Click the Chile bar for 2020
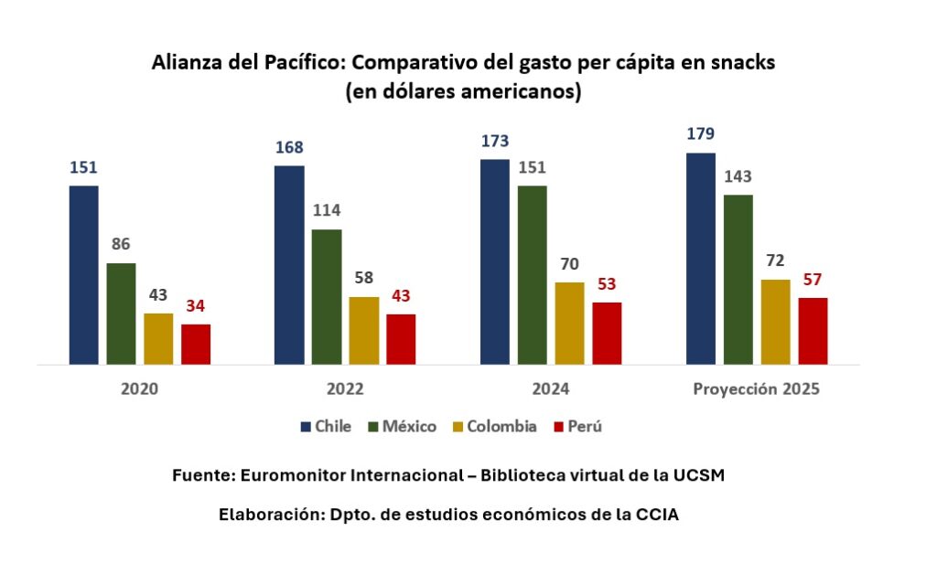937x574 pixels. tap(83, 274)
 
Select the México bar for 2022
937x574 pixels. tap(327, 296)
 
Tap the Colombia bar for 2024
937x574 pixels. tap(569, 323)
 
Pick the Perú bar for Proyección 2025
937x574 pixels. tap(813, 330)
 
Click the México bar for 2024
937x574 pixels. tap(532, 274)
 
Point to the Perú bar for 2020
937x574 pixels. tap(196, 344)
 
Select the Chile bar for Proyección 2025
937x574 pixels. tap(701, 258)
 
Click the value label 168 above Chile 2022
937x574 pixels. tap(289, 148)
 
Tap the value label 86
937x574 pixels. tap(121, 245)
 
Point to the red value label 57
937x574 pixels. tap(813, 280)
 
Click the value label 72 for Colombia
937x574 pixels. tap(775, 261)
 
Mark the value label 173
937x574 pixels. tap(495, 142)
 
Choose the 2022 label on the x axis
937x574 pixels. tap(345, 388)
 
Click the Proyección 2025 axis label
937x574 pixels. tap(756, 388)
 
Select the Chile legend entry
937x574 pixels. tap(326, 426)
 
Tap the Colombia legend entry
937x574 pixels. tap(493, 426)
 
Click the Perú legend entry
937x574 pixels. tap(576, 426)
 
